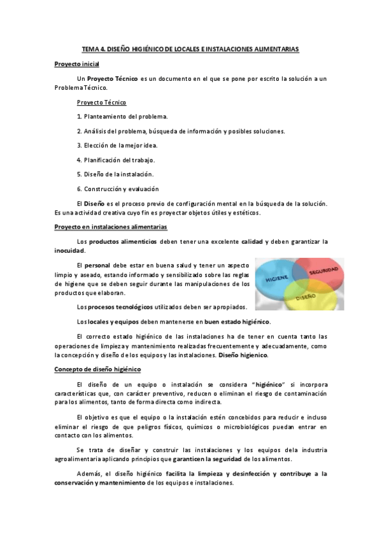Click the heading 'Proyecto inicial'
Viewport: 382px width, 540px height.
pos(76,64)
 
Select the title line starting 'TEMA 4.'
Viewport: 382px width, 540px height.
pos(190,48)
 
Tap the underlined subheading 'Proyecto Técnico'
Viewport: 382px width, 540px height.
pos(101,102)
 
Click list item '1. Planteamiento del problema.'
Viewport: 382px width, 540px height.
pos(122,117)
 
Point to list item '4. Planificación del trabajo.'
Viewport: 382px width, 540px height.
pos(116,159)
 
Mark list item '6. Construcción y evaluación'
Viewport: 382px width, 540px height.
pos(117,188)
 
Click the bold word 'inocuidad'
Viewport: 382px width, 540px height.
pos(69,250)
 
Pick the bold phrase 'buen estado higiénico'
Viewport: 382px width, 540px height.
pos(237,321)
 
